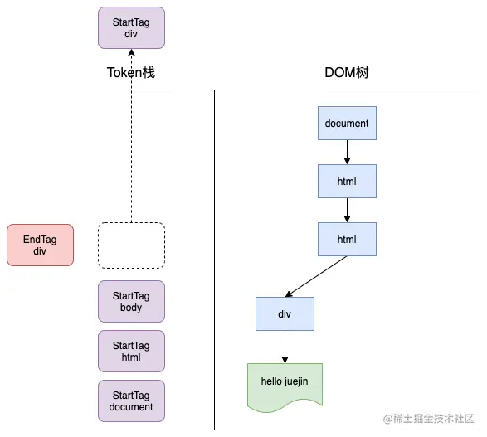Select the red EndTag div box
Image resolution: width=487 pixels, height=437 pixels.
click(40, 245)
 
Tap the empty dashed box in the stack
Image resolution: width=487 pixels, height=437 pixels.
click(131, 245)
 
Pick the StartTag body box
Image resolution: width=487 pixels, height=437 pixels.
click(131, 302)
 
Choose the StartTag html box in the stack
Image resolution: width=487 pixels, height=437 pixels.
click(131, 352)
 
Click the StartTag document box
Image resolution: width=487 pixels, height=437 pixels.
click(131, 401)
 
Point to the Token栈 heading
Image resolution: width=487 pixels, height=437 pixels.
click(131, 73)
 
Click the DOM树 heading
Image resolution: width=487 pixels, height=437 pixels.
click(346, 73)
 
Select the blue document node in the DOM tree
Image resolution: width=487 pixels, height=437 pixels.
click(347, 124)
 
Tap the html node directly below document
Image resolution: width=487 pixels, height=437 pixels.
click(347, 181)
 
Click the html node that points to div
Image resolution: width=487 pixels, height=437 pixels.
click(347, 239)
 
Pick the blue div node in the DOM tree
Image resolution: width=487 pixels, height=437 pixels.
click(285, 314)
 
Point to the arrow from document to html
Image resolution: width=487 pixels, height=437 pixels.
click(347, 153)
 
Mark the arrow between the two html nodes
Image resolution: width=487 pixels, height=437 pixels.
click(347, 210)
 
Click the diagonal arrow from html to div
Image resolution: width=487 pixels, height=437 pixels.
click(317, 276)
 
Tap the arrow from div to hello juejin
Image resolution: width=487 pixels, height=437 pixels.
click(285, 347)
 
